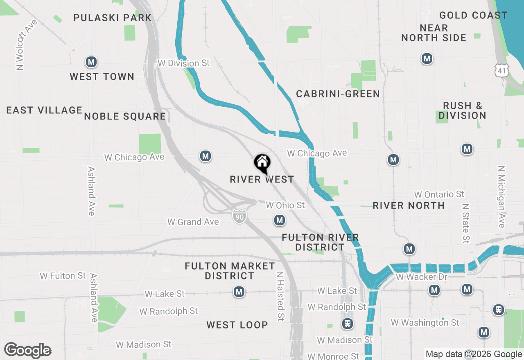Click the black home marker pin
262,163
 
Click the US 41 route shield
501,70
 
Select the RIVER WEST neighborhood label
262,179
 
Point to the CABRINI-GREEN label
338,94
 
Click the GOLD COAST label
473,16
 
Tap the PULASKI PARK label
113,18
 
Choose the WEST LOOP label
237,325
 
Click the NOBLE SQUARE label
125,116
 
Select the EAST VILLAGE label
44,110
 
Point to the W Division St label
183,63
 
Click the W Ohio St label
285,205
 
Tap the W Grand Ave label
193,222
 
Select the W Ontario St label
439,194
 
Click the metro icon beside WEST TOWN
91,62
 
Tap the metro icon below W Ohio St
280,220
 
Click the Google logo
27,350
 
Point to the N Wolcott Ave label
26,45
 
